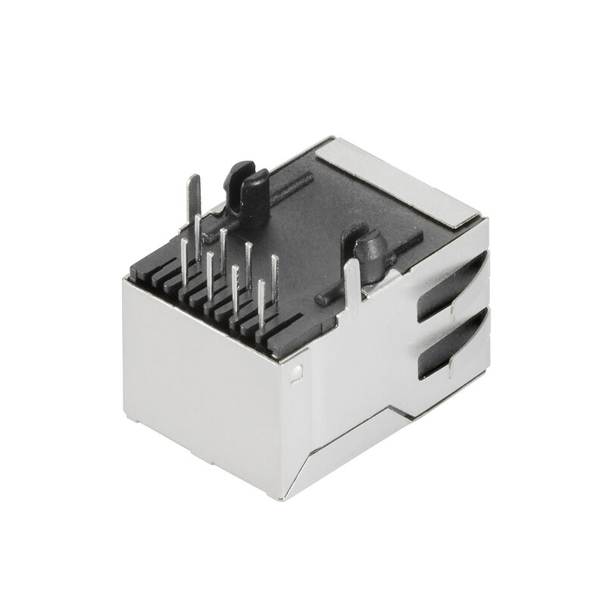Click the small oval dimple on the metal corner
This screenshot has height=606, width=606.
298,372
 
